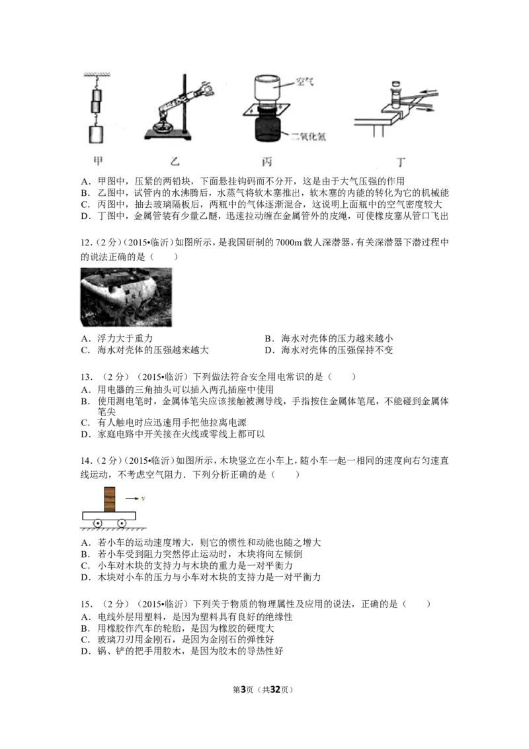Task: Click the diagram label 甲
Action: (x=98, y=161)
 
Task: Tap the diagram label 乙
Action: (x=175, y=161)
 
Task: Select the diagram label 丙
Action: (x=266, y=161)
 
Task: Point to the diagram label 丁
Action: (x=401, y=162)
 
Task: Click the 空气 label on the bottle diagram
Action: (x=304, y=81)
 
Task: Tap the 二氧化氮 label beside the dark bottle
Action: (x=308, y=136)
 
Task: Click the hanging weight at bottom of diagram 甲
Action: (x=95, y=134)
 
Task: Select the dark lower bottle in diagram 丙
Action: (x=268, y=127)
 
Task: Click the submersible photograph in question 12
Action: (x=126, y=297)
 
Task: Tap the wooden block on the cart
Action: (x=110, y=499)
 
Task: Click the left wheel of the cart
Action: (x=97, y=523)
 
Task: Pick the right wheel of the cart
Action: (x=122, y=523)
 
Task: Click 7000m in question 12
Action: (x=289, y=243)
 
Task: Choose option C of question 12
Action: (x=145, y=350)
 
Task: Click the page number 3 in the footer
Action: (x=243, y=689)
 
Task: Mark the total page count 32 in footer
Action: (x=274, y=689)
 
